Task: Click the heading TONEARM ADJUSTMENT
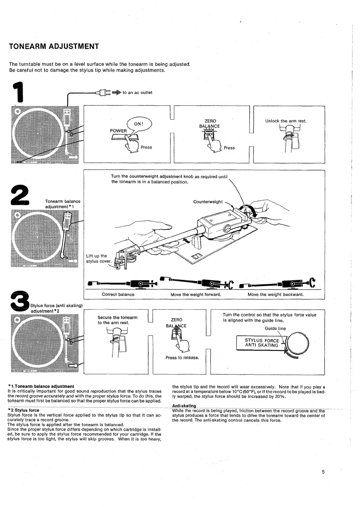54,46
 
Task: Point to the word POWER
118,131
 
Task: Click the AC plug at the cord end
103,93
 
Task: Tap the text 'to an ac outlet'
137,93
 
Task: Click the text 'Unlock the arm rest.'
286,121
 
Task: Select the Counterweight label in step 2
208,202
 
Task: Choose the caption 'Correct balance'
118,295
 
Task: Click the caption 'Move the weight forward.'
196,295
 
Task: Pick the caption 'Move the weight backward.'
276,295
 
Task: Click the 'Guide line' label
275,329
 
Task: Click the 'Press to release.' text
182,358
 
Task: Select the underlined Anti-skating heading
184,406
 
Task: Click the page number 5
323,472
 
